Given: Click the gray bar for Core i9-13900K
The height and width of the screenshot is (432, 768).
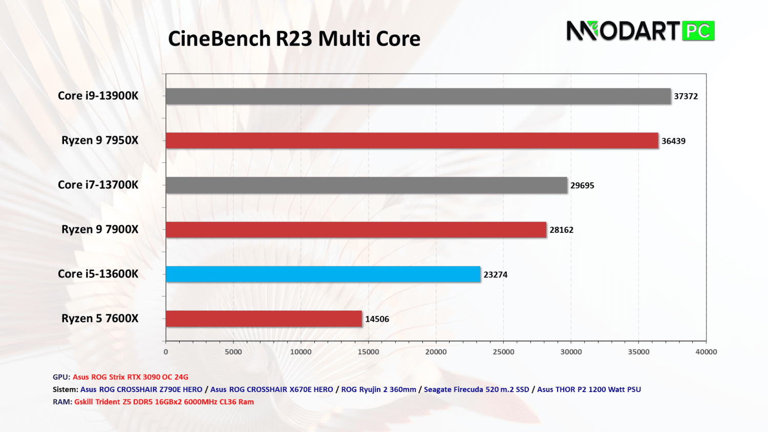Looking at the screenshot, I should click(x=418, y=96).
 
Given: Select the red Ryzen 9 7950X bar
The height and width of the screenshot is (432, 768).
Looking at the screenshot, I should click(x=412, y=141).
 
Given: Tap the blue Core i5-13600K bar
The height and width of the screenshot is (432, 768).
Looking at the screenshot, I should click(x=323, y=274).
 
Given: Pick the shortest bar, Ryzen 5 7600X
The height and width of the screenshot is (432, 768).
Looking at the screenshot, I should click(x=264, y=318).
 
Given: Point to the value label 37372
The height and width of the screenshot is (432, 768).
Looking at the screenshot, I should click(x=686, y=96).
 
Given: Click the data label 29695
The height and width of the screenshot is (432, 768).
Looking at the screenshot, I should click(x=582, y=185).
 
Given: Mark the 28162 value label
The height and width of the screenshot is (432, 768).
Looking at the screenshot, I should click(x=561, y=230).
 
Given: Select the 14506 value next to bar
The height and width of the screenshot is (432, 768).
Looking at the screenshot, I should click(x=377, y=319).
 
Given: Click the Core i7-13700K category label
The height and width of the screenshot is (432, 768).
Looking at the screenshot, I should click(x=98, y=185).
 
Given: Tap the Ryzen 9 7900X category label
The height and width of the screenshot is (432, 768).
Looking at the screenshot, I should click(x=100, y=229).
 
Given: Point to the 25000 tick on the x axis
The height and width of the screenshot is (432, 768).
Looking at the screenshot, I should click(x=503, y=352).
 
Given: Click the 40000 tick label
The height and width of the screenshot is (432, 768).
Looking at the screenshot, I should click(x=706, y=352).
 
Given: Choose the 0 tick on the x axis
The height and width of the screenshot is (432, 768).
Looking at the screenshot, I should click(x=166, y=352).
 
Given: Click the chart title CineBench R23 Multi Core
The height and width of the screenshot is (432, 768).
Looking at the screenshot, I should click(x=294, y=39).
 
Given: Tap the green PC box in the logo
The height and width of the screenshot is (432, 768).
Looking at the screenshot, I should click(x=698, y=31).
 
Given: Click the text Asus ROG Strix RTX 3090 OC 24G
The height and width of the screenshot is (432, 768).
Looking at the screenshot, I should click(x=131, y=377).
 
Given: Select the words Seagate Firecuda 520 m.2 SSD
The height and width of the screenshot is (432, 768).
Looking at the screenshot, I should click(x=476, y=390).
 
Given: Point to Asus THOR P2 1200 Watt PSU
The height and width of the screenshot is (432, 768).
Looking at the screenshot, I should click(x=589, y=390).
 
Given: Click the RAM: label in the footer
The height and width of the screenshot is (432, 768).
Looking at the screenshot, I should click(x=62, y=402).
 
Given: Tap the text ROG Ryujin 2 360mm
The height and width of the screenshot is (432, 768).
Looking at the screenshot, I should click(x=378, y=390).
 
